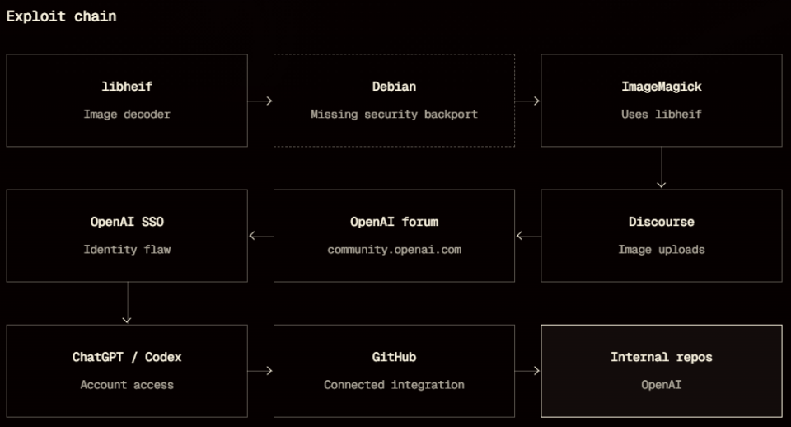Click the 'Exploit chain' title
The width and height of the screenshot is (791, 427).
pos(61,16)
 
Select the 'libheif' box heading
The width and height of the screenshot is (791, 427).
pos(127,87)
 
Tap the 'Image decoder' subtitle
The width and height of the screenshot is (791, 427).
pos(127,114)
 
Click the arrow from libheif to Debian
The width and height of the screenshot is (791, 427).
pos(260,101)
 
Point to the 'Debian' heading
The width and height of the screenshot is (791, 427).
pos(394,87)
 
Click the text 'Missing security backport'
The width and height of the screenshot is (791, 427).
pos(394,114)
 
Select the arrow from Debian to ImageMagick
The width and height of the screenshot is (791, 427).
pos(527,101)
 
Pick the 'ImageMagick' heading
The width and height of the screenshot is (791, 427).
pos(662,87)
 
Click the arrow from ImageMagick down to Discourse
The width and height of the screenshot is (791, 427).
pos(662,167)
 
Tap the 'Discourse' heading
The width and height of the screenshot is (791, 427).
pos(662,222)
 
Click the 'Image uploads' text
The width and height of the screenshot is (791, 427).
pos(662,249)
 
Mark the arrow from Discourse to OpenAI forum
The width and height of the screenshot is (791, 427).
pos(528,236)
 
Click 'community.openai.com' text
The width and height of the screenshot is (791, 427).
pos(394,249)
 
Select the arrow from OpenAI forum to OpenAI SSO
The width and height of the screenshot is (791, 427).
pos(261,236)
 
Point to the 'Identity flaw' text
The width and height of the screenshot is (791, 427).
pos(127,249)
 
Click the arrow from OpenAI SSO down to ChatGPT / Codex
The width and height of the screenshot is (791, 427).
pos(127,303)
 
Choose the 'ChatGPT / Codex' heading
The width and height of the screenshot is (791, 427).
pos(127,357)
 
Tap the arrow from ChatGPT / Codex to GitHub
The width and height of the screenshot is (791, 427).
pos(260,371)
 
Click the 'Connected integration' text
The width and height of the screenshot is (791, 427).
pos(394,385)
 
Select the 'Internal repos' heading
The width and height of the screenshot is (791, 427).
pos(662,357)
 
